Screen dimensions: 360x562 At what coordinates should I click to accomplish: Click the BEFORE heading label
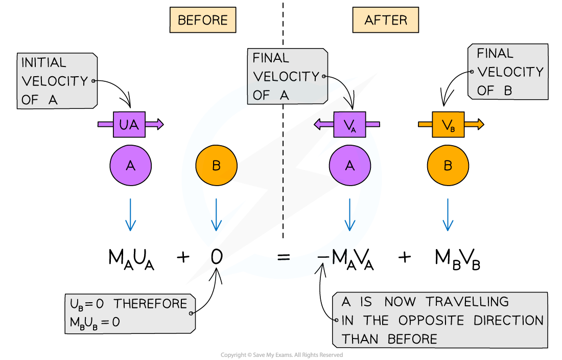coord(202,20)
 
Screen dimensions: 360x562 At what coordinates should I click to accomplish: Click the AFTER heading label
coord(385,20)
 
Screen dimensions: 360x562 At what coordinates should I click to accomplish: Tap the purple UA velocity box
coord(129,124)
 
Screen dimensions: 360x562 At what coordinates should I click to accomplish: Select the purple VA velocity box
coord(350,124)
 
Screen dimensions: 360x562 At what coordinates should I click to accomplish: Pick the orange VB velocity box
coord(448,124)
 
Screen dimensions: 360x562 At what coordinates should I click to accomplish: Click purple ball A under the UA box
coord(130,165)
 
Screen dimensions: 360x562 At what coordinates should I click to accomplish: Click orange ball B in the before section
coord(216,165)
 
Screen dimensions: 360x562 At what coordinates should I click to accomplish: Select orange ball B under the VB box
coord(448,165)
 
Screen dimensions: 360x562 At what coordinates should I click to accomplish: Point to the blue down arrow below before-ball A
coord(130,215)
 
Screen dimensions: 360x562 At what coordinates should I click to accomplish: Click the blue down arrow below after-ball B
coord(448,215)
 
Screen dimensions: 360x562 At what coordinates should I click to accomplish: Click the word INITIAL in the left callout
coord(44,63)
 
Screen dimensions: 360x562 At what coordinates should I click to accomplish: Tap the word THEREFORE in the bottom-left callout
coord(150,304)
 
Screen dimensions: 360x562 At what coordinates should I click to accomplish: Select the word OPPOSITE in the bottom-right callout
coord(432,321)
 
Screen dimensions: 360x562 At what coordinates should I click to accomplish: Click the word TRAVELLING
coord(467,302)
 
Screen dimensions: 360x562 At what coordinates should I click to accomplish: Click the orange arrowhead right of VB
coord(479,124)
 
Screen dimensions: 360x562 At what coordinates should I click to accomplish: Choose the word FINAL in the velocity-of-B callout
coord(495,54)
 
